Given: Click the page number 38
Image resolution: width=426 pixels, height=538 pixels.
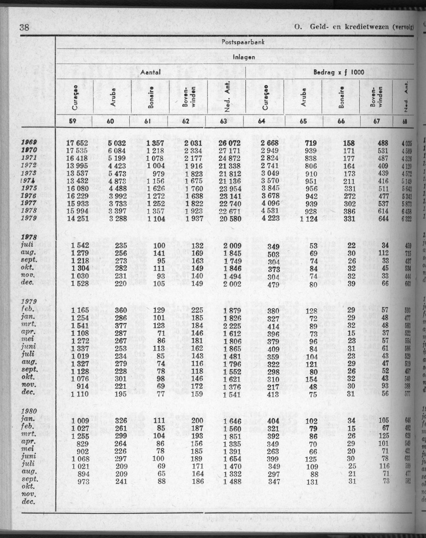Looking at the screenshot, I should [x=24, y=28].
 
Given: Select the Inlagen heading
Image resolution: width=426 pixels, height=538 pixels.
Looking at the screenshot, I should [x=244, y=57].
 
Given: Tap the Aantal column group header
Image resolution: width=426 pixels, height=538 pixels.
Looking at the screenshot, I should [x=150, y=72].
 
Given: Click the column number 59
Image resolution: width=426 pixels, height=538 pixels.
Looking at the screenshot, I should [x=74, y=121].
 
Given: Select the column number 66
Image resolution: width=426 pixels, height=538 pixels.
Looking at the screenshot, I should [x=341, y=121].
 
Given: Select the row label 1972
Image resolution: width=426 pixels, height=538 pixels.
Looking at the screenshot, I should [x=31, y=165].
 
